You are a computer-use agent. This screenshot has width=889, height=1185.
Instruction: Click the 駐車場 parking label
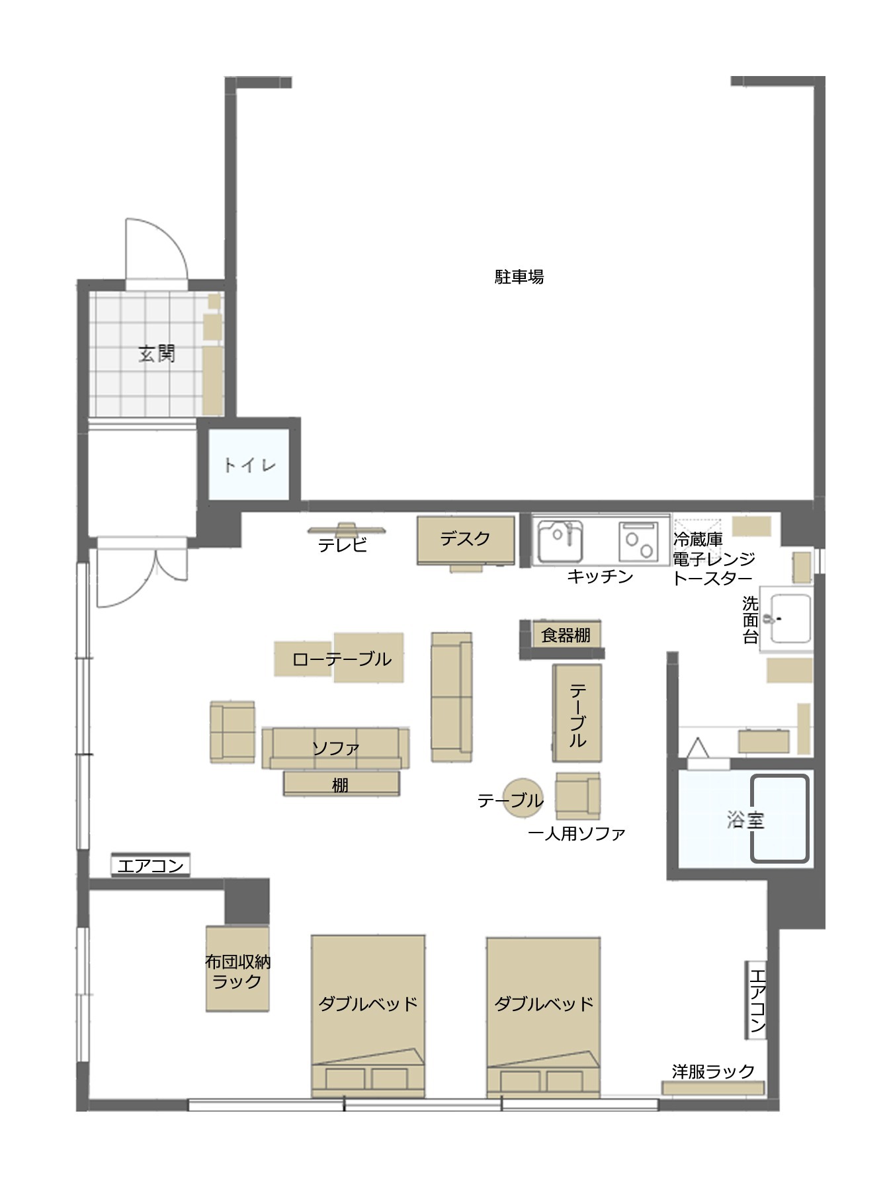click(519, 276)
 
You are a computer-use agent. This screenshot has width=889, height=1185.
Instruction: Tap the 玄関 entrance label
click(157, 354)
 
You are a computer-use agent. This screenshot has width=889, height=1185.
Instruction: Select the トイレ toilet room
click(249, 464)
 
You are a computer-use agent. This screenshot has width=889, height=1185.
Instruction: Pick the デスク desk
click(466, 540)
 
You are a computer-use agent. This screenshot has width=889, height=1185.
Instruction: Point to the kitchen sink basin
click(560, 541)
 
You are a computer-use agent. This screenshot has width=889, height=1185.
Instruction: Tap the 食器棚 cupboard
click(566, 635)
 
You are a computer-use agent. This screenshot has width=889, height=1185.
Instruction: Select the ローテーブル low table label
click(342, 659)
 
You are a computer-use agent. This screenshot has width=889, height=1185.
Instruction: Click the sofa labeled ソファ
click(335, 748)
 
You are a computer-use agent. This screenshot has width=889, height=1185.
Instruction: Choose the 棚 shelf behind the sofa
click(341, 784)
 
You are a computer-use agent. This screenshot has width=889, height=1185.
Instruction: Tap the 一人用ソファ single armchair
click(577, 796)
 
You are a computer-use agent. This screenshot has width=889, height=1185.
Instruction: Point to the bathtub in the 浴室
click(779, 819)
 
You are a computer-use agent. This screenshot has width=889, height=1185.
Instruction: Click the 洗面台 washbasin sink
click(790, 618)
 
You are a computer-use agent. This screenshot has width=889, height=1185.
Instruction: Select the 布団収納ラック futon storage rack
click(237, 969)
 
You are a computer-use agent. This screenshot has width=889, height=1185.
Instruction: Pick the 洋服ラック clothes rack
click(713, 1087)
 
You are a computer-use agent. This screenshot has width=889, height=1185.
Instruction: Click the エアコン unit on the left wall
click(150, 865)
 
